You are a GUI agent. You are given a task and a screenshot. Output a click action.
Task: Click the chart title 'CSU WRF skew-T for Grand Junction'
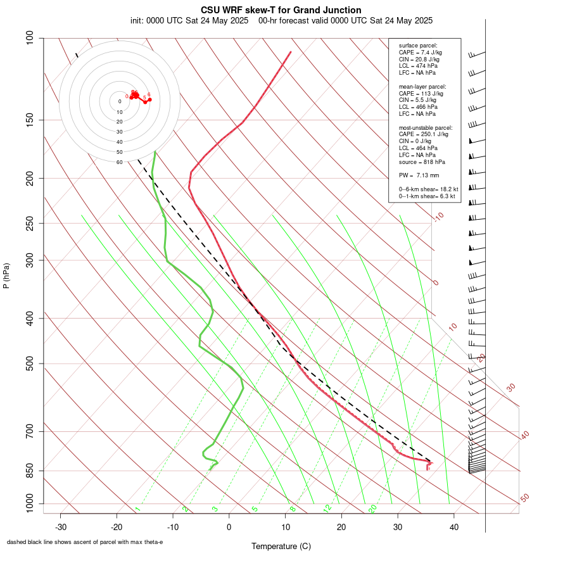pos(281,10)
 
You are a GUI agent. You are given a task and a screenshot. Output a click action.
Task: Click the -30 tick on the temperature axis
pos(61,527)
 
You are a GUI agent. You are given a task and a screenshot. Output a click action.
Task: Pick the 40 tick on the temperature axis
pos(453,527)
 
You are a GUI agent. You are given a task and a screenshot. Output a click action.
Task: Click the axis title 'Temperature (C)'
pos(281,546)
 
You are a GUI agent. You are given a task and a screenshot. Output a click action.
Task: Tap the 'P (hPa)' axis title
pos(6,275)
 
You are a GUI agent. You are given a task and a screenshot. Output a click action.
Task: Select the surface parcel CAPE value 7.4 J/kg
pos(421,53)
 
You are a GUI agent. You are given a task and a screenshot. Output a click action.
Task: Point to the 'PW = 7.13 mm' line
pos(419,175)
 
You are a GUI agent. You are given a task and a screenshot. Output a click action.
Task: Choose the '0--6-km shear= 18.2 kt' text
pos(428,189)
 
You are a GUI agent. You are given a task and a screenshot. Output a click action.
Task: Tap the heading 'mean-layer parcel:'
pos(422,86)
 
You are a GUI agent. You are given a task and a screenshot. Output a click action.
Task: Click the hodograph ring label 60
pos(119,162)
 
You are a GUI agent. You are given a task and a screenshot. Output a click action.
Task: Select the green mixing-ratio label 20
pos(373,509)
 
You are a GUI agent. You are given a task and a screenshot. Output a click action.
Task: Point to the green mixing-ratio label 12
pos(327,509)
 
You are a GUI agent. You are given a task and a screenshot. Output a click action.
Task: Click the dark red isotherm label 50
pos(524,498)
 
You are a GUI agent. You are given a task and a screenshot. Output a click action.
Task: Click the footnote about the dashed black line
pos(85,542)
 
